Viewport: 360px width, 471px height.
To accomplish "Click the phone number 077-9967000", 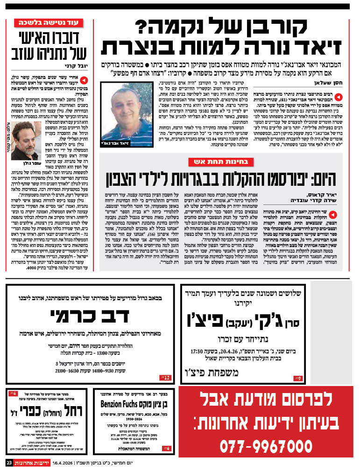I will (266, 445).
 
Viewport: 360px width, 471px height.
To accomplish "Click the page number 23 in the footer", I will (8, 463).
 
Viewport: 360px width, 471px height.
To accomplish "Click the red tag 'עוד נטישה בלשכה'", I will (49, 23).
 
